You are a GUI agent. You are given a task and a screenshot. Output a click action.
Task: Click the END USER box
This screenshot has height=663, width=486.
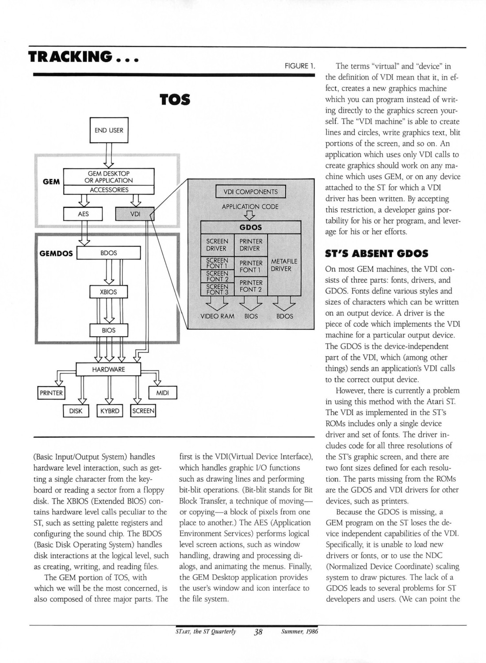(x=109, y=130)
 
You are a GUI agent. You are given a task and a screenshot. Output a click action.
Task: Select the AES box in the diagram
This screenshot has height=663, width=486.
(x=83, y=213)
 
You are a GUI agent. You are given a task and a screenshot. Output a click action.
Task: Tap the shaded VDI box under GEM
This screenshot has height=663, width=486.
(x=135, y=213)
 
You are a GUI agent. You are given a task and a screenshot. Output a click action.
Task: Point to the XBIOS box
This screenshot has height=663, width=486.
(x=108, y=292)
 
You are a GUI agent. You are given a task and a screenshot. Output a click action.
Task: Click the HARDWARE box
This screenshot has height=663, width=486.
(x=108, y=370)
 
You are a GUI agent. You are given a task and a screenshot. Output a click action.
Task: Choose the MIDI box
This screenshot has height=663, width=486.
(x=163, y=393)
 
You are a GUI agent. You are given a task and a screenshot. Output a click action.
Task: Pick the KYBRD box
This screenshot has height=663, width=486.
(x=110, y=411)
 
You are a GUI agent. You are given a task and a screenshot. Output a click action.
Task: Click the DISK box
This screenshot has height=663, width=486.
(x=76, y=411)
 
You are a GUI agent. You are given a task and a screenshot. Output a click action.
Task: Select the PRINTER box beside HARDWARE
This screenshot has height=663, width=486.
(x=51, y=393)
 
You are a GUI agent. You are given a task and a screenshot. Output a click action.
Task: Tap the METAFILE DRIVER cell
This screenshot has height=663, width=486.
(x=284, y=265)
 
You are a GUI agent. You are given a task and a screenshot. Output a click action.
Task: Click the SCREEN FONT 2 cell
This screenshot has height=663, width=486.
(x=217, y=276)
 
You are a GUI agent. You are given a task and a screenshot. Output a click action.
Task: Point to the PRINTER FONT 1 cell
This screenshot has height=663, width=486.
(x=251, y=267)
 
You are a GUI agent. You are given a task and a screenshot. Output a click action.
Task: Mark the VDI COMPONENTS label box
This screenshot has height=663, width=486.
(x=251, y=191)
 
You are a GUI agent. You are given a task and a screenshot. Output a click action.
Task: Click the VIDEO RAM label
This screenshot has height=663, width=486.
(x=218, y=316)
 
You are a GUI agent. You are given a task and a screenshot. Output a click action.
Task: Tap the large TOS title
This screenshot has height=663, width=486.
(x=175, y=100)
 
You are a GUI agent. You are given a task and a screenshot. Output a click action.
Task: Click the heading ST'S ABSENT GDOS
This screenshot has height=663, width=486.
(x=377, y=254)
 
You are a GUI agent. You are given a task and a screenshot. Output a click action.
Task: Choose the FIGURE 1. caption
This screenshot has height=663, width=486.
(x=299, y=66)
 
